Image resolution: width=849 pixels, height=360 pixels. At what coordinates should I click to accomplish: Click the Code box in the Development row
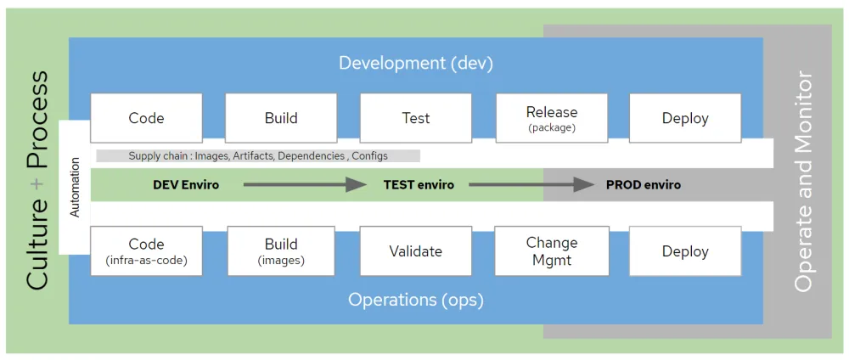[146, 118]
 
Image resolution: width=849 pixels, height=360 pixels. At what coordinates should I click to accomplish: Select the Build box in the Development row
[280, 118]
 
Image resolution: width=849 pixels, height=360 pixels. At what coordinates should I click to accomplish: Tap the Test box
[415, 118]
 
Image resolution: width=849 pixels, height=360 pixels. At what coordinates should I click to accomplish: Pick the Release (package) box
[551, 118]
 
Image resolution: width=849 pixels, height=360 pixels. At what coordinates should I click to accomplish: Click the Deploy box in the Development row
[684, 118]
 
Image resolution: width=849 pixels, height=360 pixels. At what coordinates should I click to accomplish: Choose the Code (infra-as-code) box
[146, 250]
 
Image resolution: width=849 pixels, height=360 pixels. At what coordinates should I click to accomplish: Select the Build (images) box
[280, 250]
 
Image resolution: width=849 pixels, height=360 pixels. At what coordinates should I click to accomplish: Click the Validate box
[415, 250]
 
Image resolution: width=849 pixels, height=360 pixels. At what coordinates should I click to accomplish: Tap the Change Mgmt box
[551, 250]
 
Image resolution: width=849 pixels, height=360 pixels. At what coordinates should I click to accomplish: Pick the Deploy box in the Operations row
[684, 250]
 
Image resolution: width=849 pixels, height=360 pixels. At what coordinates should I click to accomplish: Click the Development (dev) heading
[415, 63]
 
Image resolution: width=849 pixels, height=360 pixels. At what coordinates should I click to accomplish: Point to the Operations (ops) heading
[415, 300]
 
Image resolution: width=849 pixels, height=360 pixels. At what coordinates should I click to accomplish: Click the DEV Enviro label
[186, 184]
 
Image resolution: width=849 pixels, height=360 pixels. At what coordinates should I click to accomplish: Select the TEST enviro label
[418, 184]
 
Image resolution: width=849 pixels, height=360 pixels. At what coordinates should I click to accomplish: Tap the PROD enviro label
[643, 184]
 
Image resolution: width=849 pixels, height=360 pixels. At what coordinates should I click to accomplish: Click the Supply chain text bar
[258, 156]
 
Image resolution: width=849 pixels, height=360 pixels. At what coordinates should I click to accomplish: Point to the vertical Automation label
[75, 187]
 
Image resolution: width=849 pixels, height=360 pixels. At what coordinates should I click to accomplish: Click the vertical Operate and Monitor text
[802, 182]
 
